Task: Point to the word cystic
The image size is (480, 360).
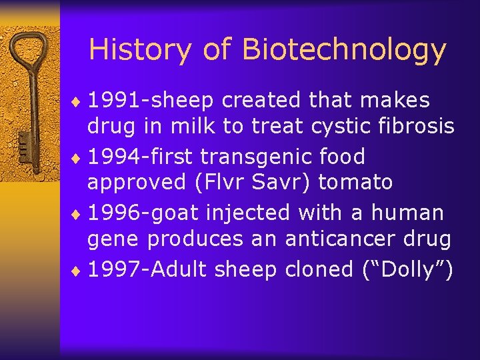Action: pos(332,125)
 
